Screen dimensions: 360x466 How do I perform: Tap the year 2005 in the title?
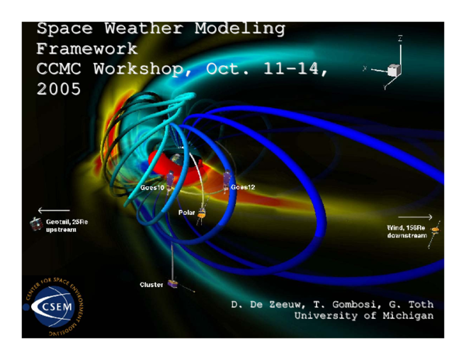(58, 88)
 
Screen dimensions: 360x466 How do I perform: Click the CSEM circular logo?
(57, 306)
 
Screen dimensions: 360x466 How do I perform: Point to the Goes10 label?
(152, 189)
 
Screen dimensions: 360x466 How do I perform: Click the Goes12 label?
(242, 188)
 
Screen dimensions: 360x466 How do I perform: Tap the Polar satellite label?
(188, 212)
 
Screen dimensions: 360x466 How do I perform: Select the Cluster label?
(151, 285)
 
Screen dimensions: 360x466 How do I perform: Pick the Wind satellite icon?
(435, 230)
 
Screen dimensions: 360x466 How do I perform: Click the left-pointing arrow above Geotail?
(53, 210)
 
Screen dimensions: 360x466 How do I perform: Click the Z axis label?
(400, 38)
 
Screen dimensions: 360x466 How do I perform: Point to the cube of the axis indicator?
(394, 70)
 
